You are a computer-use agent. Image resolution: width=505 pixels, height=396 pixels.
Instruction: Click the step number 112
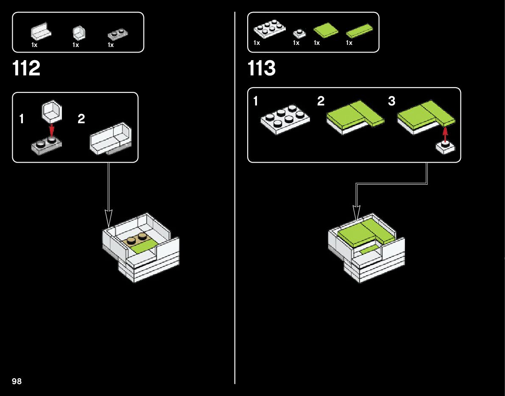coord(27,69)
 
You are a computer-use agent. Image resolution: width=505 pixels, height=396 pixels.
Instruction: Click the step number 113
coord(262,69)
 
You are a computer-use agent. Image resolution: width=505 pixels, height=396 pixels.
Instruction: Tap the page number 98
coord(17,382)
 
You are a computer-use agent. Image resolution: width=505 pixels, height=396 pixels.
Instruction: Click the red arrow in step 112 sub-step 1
coord(52,130)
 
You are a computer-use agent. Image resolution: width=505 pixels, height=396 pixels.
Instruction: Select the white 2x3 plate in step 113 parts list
coord(269,30)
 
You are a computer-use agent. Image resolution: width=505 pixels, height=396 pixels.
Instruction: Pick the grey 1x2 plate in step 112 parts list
coord(118,33)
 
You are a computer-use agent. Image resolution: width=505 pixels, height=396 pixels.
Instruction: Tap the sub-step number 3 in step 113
coord(391,102)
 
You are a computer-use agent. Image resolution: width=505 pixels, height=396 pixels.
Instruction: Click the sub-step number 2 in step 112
coord(81,119)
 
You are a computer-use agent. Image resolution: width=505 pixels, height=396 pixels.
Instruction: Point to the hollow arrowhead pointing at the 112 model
coord(109,219)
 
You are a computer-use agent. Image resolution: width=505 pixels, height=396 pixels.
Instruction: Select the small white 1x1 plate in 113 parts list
coord(299,33)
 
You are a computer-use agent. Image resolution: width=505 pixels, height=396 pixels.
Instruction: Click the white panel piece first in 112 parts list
coord(41,32)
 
